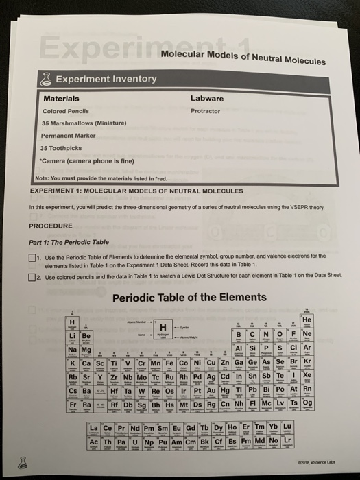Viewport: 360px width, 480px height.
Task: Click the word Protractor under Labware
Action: click(205, 111)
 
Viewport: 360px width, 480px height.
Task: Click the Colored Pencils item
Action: click(63, 111)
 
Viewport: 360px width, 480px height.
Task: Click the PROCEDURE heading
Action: click(51, 226)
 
